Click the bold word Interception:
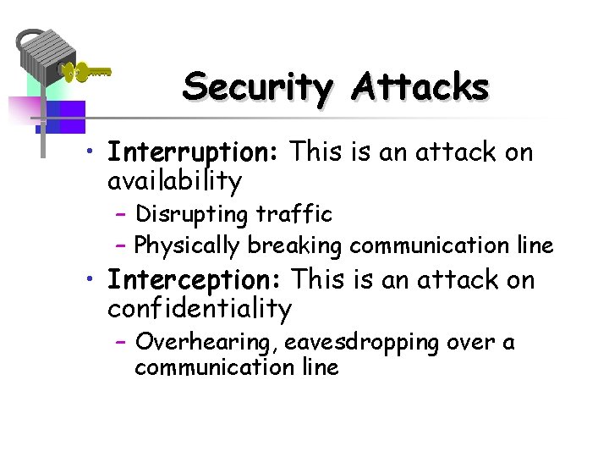tap(197, 280)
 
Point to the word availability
tap(174, 181)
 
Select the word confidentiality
tap(199, 309)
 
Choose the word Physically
tap(188, 246)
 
